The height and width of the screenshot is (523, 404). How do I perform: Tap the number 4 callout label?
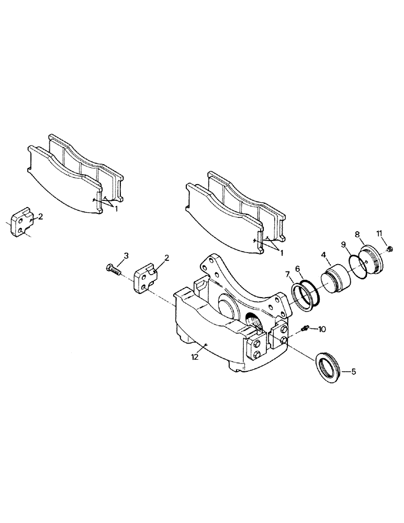pyautogui.click(x=324, y=256)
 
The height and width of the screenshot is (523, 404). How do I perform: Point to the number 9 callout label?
pyautogui.click(x=379, y=233)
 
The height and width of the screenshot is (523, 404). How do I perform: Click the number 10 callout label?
pyautogui.click(x=321, y=329)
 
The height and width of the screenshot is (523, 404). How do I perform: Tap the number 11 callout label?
pyautogui.click(x=379, y=233)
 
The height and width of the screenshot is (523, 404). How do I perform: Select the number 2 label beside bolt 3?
pyautogui.click(x=166, y=257)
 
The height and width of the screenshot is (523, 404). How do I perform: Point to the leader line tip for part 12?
pyautogui.click(x=207, y=345)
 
